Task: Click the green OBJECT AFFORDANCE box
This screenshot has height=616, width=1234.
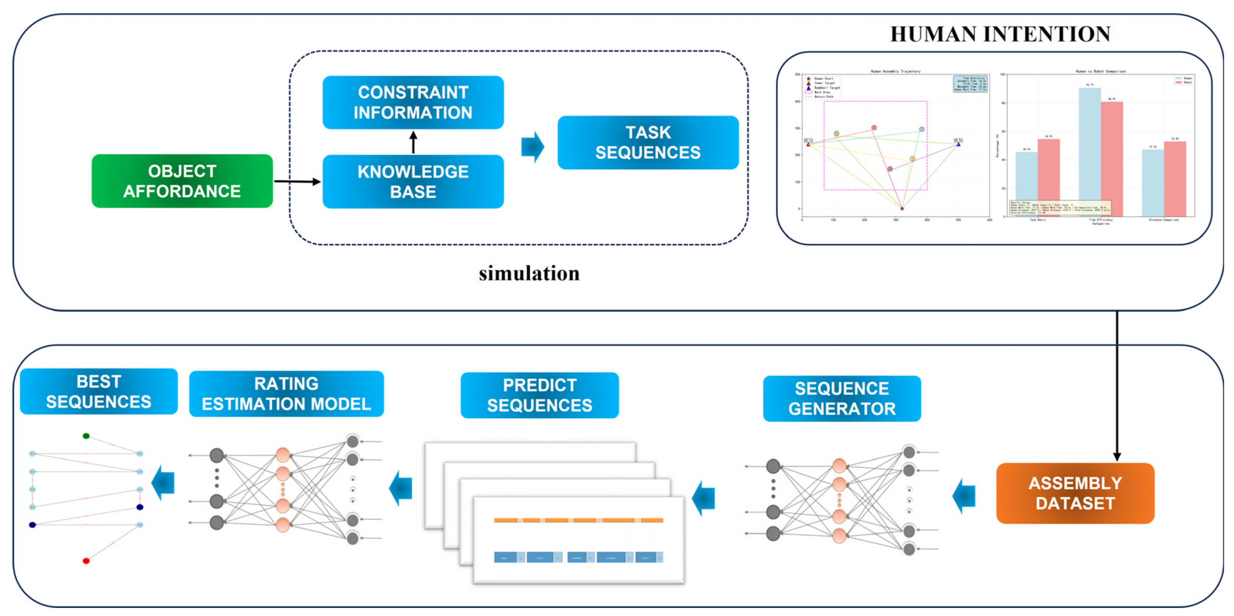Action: pos(182,181)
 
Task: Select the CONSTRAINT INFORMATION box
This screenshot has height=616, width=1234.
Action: pos(413,102)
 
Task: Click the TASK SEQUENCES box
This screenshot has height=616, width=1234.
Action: pos(648,142)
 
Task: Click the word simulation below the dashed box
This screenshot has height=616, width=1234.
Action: pos(529,273)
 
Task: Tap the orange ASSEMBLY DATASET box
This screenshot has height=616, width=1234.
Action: pos(1075,493)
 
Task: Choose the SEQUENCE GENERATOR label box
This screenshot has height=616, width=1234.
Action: pos(842,398)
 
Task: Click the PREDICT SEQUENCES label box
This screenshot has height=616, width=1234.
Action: pos(540,395)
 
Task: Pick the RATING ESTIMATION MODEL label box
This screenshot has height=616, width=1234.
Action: pos(286,393)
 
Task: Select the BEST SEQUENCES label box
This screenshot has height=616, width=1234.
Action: pos(99,391)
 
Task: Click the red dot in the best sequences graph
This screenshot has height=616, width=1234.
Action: pos(86,560)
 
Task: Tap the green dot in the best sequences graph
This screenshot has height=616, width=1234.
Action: pos(86,436)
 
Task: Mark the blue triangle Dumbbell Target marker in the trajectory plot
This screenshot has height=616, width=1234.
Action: pos(958,144)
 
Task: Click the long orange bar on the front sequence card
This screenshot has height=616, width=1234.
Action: pos(578,520)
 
